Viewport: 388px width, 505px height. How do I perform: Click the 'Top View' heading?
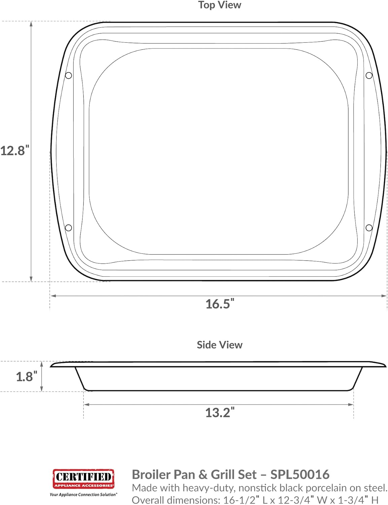pos(219,5)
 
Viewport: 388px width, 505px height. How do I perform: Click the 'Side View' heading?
pos(219,345)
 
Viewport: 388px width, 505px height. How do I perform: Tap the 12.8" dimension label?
pos(15,150)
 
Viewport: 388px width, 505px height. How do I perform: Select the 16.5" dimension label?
pos(220,304)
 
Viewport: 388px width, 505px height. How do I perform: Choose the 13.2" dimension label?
pos(220,412)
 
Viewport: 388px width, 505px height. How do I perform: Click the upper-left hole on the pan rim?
pos(68,75)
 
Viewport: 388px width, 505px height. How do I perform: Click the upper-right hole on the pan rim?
pos(369,75)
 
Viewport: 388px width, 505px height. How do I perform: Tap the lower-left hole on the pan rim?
pos(68,228)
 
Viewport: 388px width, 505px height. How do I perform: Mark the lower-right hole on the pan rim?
pos(369,228)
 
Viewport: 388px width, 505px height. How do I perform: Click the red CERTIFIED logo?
pos(83,478)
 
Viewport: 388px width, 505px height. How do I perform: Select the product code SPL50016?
pos(299,474)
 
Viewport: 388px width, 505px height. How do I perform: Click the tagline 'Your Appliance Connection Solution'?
pos(83,495)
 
